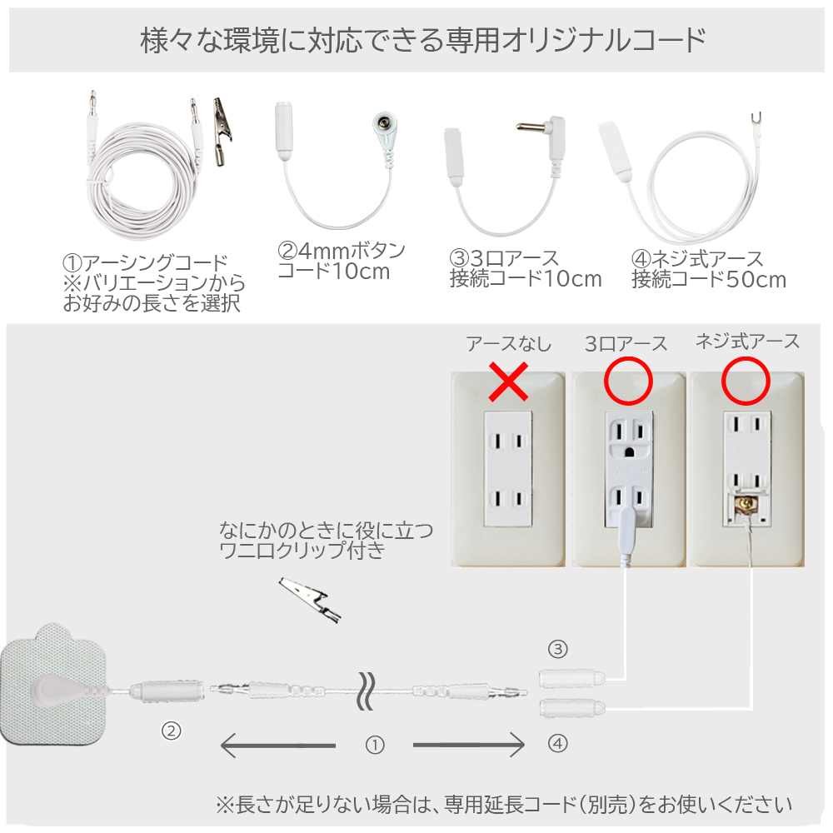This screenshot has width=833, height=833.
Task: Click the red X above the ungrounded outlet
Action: (x=508, y=382)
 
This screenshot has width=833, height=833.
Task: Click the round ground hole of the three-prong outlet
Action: (x=630, y=452)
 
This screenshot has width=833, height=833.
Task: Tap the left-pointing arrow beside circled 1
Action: (x=278, y=745)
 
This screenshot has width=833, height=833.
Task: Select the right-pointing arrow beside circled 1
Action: (x=469, y=745)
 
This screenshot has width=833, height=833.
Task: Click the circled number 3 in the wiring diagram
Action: (x=558, y=649)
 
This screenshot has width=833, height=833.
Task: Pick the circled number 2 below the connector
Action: (x=171, y=731)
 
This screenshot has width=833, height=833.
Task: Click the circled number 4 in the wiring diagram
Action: (x=558, y=743)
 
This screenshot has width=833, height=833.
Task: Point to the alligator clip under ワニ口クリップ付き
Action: (x=310, y=600)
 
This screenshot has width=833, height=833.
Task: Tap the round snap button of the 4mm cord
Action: (x=383, y=124)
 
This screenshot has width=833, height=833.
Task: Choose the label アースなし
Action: (x=509, y=344)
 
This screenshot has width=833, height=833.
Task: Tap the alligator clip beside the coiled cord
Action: (x=222, y=132)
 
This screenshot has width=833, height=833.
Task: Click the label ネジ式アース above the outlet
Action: (x=747, y=341)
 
